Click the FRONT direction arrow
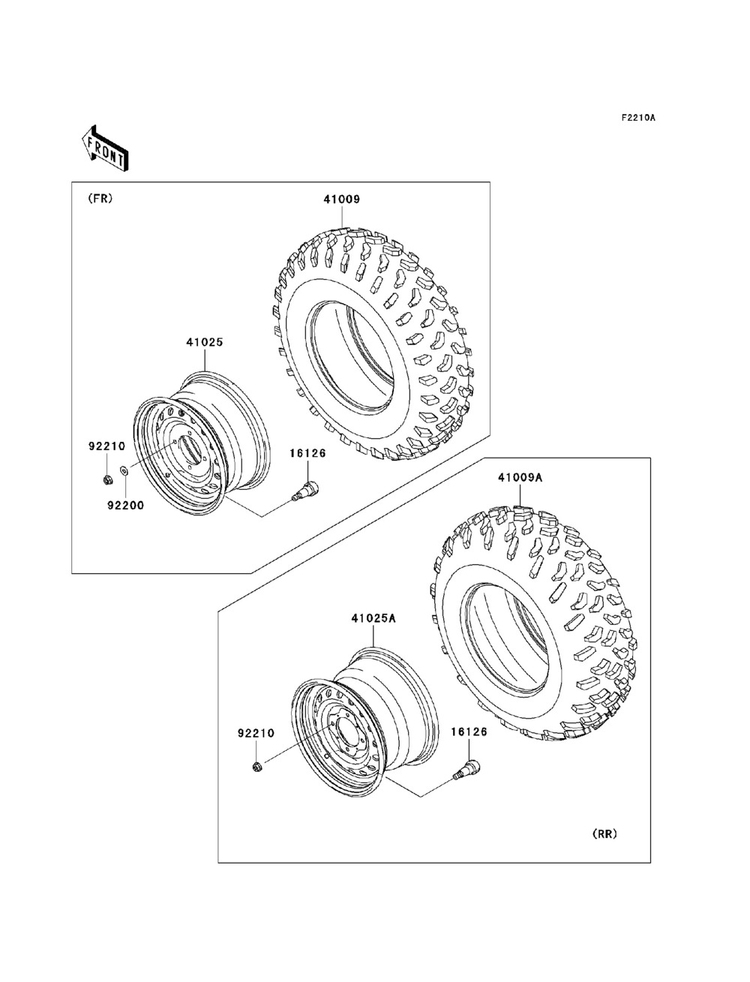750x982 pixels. click(105, 149)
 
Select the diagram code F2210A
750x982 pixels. click(638, 118)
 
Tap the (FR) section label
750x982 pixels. click(100, 199)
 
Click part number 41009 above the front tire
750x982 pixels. click(342, 200)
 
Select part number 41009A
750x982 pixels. click(520, 478)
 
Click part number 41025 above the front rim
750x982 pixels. click(205, 342)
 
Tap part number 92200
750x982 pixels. click(126, 506)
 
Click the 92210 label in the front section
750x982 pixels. click(107, 446)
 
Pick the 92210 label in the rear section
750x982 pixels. click(256, 733)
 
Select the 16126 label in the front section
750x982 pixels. click(307, 453)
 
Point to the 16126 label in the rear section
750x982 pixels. click(469, 732)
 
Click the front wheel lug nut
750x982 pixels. click(107, 480)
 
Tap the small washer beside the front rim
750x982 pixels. click(124, 470)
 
